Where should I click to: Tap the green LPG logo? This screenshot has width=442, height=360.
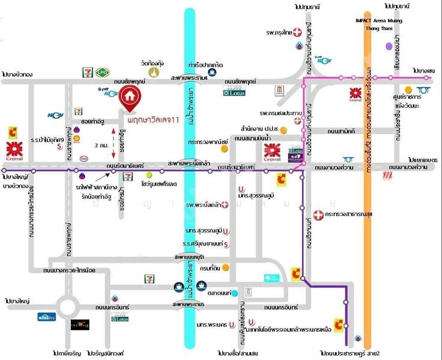coord(101,73)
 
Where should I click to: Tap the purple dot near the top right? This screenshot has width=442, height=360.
coord(389,46)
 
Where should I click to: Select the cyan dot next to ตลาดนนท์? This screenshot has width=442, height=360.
coord(235,293)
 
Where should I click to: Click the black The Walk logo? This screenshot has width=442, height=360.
coord(80,325)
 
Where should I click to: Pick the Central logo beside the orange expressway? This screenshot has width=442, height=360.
coord(354,95)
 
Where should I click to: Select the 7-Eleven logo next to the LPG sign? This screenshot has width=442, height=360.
coord(87,73)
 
